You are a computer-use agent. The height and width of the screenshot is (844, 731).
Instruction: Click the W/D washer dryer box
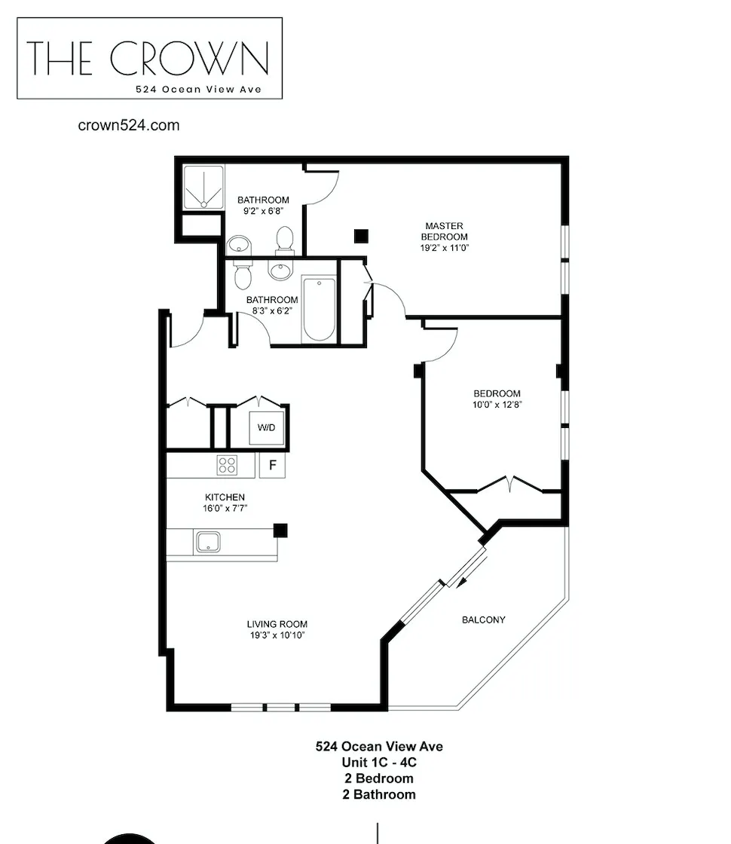(x=267, y=428)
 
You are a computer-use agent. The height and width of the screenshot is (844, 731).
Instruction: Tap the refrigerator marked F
(x=272, y=465)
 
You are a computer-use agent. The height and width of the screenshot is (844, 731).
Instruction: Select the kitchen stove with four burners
(x=227, y=465)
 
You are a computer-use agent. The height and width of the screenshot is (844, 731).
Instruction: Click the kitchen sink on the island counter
(x=207, y=543)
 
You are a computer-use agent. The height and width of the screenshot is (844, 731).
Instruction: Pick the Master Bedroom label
(x=444, y=231)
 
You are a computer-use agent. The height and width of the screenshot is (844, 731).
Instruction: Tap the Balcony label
(x=483, y=619)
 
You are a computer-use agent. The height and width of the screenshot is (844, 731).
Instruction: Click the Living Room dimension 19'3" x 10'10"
(x=277, y=635)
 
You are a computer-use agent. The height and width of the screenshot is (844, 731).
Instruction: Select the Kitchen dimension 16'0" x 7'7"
(x=225, y=508)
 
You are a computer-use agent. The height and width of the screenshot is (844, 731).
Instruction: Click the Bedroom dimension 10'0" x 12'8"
(x=497, y=404)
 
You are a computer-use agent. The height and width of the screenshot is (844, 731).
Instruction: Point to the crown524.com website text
(x=129, y=125)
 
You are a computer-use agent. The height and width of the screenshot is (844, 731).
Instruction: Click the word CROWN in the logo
(x=189, y=59)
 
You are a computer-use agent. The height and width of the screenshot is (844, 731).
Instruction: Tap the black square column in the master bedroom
(x=361, y=236)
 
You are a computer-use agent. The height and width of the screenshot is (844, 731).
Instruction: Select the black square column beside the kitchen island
(x=280, y=530)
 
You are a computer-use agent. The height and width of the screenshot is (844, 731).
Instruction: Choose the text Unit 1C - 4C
(x=379, y=763)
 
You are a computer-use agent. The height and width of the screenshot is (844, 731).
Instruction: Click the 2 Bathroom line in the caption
(x=379, y=794)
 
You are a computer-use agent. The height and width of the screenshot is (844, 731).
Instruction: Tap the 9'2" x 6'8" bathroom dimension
(x=263, y=211)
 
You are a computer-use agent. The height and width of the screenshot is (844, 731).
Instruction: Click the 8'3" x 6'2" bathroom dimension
(x=272, y=310)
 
